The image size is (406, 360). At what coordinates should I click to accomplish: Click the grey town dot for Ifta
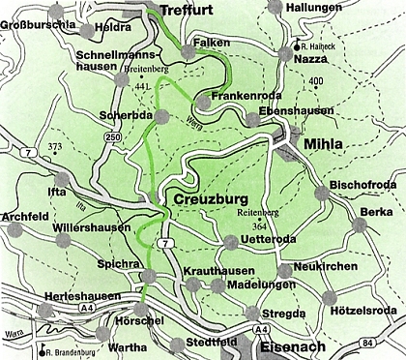[64, 179]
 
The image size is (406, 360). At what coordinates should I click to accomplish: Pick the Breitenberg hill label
[146, 70]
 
